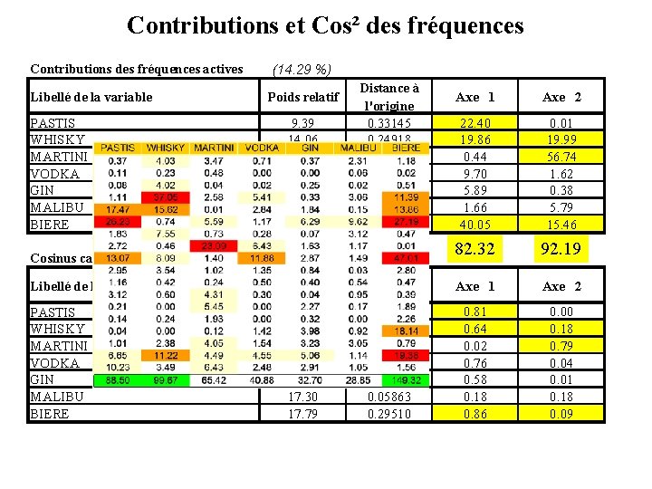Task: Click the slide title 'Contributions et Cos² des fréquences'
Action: [325, 25]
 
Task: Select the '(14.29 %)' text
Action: [302, 70]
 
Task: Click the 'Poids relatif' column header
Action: [302, 97]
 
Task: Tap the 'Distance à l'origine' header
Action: [389, 97]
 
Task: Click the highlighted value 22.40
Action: [475, 123]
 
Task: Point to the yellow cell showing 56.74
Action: [561, 157]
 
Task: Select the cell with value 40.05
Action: [475, 225]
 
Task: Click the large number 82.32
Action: [475, 248]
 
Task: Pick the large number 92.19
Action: [561, 248]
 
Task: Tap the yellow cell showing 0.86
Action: [475, 415]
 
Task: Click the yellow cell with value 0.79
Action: [561, 346]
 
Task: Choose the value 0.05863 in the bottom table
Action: [389, 398]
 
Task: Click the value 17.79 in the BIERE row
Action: [302, 415]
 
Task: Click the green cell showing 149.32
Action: [406, 381]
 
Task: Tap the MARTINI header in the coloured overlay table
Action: [214, 148]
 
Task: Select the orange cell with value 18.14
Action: [406, 331]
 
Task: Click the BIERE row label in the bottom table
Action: [50, 415]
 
